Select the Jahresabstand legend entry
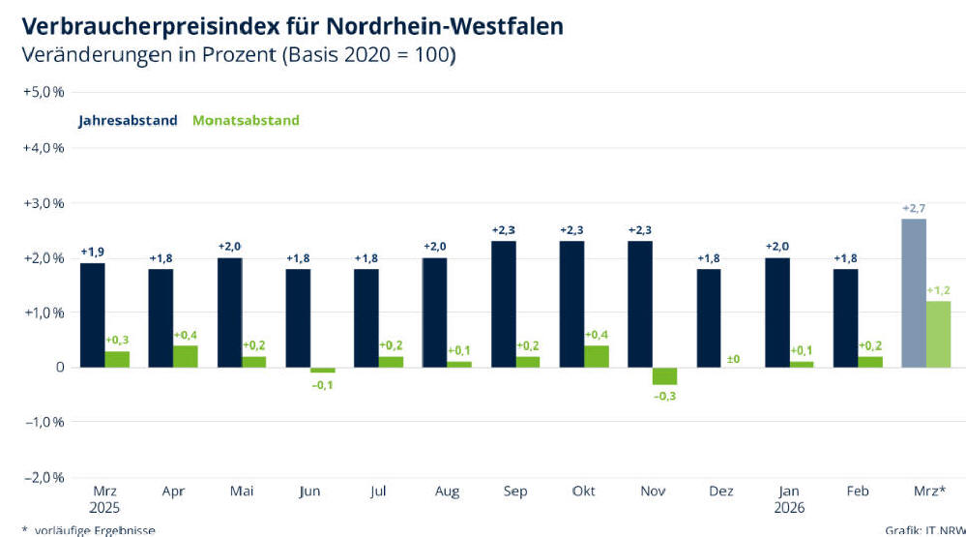click(x=128, y=121)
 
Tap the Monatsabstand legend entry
click(x=246, y=121)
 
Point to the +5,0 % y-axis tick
click(x=43, y=92)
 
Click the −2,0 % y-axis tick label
click(x=43, y=477)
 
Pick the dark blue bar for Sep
click(x=503, y=304)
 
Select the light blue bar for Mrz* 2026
click(x=913, y=293)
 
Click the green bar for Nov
click(x=664, y=376)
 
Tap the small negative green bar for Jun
click(x=322, y=370)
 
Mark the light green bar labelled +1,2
click(x=938, y=334)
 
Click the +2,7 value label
click(x=913, y=208)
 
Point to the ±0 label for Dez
click(x=733, y=359)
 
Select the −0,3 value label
click(x=664, y=396)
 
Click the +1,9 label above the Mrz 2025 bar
click(x=93, y=253)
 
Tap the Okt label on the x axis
click(x=583, y=492)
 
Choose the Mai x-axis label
click(x=242, y=492)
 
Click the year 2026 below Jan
click(x=790, y=508)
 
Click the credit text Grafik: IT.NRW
click(x=923, y=530)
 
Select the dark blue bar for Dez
click(x=709, y=317)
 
